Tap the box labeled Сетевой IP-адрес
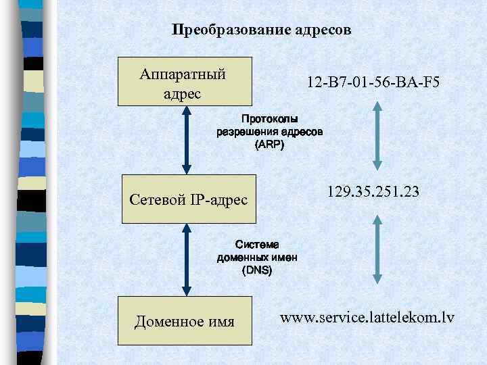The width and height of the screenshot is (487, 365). coord(189,199)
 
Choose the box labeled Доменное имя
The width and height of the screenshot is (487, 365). coord(185,321)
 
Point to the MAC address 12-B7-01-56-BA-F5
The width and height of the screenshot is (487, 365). coord(373,83)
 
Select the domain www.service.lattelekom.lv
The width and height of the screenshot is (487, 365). coord(367,316)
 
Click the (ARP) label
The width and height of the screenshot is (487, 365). coord(269,145)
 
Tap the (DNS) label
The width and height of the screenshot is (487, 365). coord(256,270)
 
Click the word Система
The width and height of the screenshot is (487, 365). coord(256,245)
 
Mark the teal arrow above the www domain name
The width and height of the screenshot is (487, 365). coord(377,252)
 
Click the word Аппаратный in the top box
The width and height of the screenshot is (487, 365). coord(182,73)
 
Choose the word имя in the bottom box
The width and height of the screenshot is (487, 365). coord(219,322)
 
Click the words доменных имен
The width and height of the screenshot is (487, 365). coord(256,258)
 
